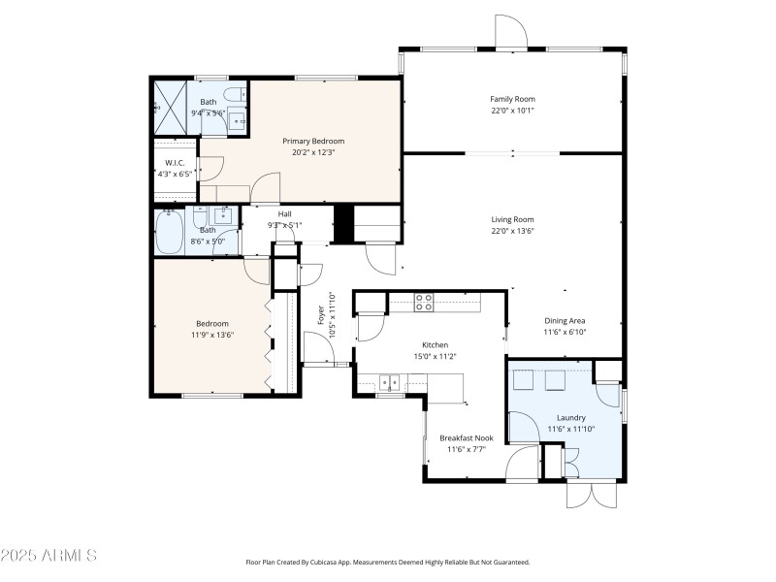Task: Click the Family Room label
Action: pyautogui.click(x=512, y=99)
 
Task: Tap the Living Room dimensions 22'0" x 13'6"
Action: pyautogui.click(x=512, y=231)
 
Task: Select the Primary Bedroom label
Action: pyautogui.click(x=312, y=141)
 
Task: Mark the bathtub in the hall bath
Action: pyautogui.click(x=170, y=233)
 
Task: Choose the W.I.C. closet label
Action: pyautogui.click(x=175, y=163)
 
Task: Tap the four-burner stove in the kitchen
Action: pyautogui.click(x=424, y=302)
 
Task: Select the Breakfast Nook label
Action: pyautogui.click(x=466, y=437)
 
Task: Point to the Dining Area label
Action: pyautogui.click(x=565, y=320)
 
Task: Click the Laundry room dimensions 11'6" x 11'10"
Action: pyautogui.click(x=570, y=429)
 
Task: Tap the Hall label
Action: pyautogui.click(x=285, y=214)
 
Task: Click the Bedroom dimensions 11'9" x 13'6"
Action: pyautogui.click(x=212, y=335)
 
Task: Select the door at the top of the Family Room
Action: pyautogui.click(x=510, y=33)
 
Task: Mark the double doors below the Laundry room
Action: pyautogui.click(x=591, y=493)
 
